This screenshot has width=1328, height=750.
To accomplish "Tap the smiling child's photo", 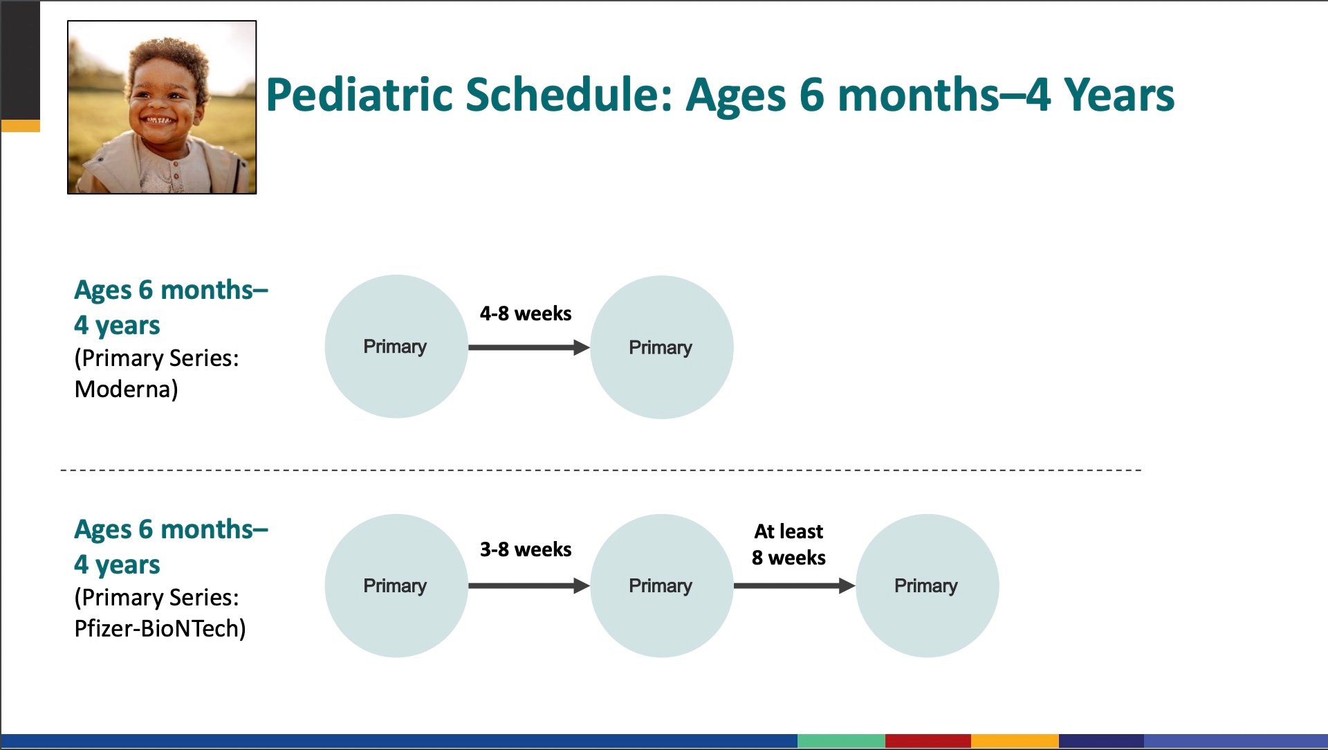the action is [x=162, y=107].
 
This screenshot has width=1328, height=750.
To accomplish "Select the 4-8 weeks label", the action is [x=526, y=313].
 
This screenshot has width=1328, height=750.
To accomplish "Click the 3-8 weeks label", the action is [x=526, y=549].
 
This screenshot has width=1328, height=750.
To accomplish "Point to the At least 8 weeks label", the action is [x=788, y=545].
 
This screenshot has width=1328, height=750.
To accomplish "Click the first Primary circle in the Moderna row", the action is [x=396, y=347].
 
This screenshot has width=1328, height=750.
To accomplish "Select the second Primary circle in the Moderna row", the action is [x=662, y=347].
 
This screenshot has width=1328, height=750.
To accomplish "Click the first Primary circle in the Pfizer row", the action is [x=396, y=585].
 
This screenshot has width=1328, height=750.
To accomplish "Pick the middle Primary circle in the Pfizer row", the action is [x=662, y=585].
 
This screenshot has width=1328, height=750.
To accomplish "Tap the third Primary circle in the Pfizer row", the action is [x=928, y=585].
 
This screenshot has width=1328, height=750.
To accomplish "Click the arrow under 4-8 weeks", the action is [x=529, y=347].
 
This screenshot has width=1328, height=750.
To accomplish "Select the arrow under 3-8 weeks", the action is [x=529, y=586].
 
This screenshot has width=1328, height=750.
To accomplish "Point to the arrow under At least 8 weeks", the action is [x=795, y=586].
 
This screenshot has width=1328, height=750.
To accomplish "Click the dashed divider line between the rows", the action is [x=601, y=470].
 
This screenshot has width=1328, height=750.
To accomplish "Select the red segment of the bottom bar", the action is [x=928, y=741].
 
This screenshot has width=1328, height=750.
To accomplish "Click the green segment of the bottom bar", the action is [x=841, y=741].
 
